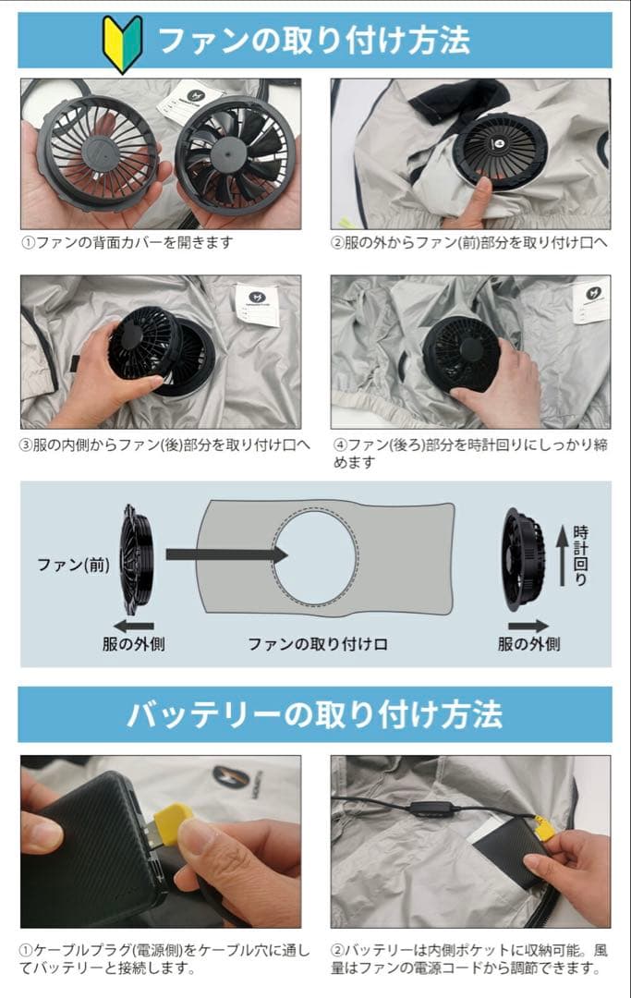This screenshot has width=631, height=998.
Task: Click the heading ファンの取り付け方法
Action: (314, 41)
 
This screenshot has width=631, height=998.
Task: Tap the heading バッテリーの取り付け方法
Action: (314, 714)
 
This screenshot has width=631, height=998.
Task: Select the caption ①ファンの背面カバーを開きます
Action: (127, 242)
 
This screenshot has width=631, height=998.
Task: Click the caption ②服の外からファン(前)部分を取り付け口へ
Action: (469, 242)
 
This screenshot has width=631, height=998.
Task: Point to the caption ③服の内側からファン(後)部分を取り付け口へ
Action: (165, 444)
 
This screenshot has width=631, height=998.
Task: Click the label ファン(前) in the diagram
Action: (73, 564)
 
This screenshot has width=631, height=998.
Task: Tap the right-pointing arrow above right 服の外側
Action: (528, 626)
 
